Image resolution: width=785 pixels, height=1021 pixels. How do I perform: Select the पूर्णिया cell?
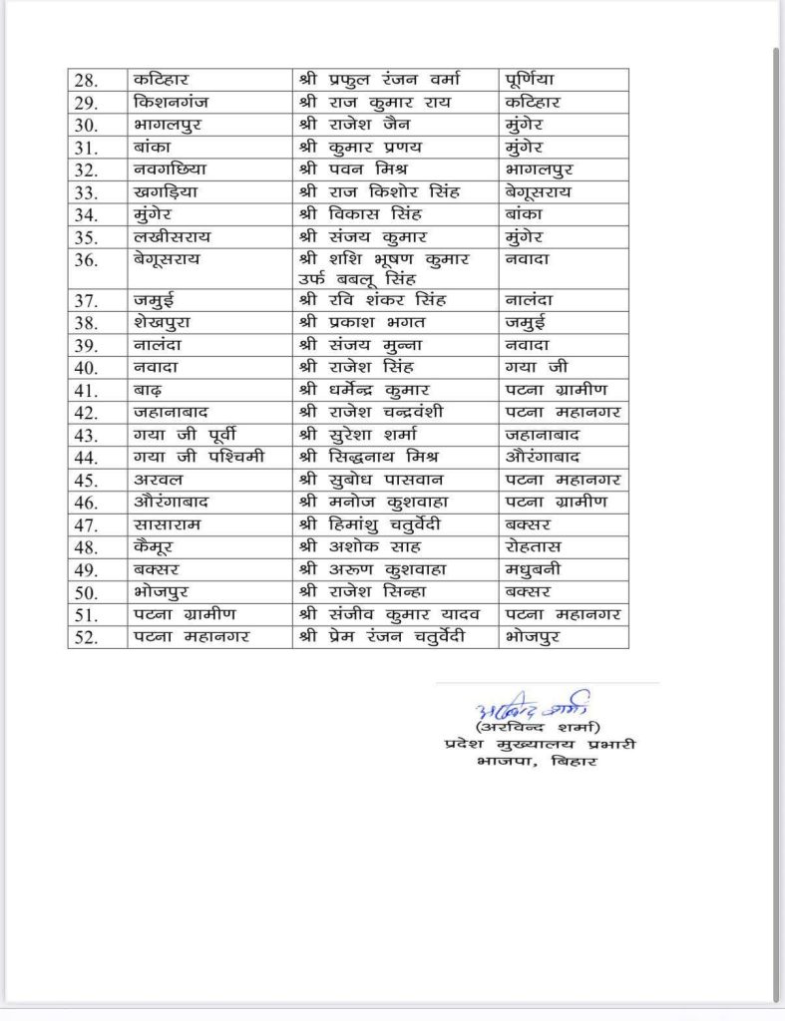pyautogui.click(x=535, y=79)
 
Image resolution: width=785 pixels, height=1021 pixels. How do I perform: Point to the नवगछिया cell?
pyautogui.click(x=169, y=169)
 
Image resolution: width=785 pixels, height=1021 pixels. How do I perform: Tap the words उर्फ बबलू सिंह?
pyautogui.click(x=360, y=278)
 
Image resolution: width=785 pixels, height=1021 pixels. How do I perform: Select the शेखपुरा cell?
pyautogui.click(x=161, y=323)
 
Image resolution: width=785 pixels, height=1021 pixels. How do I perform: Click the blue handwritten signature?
pyautogui.click(x=532, y=709)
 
